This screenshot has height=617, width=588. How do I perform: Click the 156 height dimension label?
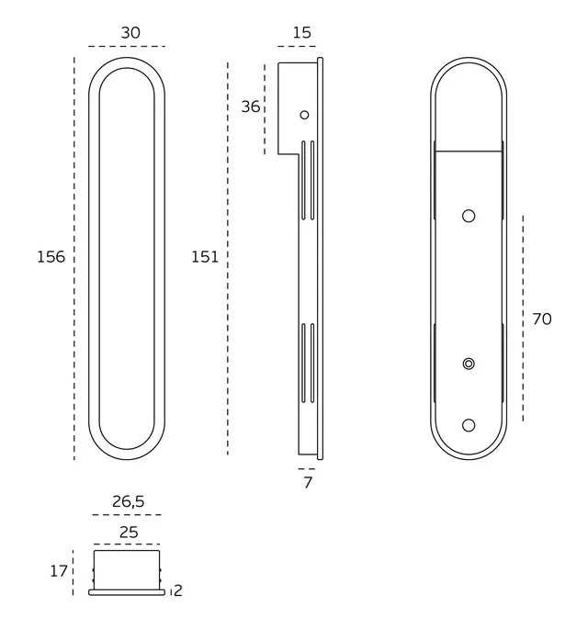coord(51,257)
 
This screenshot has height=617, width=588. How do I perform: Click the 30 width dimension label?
coord(130,33)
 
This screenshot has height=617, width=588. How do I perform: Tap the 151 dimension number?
coord(205,257)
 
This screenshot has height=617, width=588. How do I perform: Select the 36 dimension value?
coord(251,107)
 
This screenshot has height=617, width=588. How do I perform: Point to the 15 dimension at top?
coord(301,33)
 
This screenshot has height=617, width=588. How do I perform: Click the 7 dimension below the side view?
coord(308,482)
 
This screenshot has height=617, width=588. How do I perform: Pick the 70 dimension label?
coord(542,319)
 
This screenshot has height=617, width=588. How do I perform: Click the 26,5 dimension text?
coord(129,501)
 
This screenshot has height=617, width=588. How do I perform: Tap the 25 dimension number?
coord(129,533)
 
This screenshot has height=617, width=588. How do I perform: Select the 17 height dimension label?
coord(59,571)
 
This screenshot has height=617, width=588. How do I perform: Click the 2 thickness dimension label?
coord(178,590)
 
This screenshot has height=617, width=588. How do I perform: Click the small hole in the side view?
coord(304,115)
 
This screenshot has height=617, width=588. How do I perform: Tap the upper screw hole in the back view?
coord(469,216)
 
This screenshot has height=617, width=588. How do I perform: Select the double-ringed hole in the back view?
coord(469,364)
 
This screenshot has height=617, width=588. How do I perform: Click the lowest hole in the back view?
coord(469,425)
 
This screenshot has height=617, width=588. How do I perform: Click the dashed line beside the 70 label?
coord(523,319)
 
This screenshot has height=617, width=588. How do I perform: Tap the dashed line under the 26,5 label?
coord(127,515)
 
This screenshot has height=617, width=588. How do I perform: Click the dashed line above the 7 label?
coord(307,469)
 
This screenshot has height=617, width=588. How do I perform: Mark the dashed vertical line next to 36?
coord(265,109)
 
